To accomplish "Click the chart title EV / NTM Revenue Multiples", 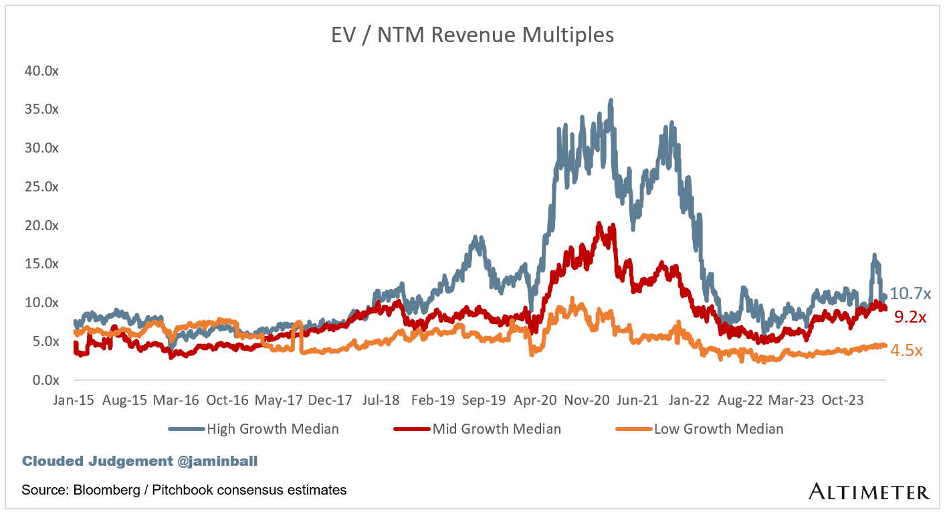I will pyautogui.click(x=472, y=35).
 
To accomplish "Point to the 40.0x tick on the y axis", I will pyautogui.click(x=41, y=71).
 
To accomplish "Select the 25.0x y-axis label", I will pyautogui.click(x=41, y=187).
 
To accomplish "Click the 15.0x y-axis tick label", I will pyautogui.click(x=41, y=264).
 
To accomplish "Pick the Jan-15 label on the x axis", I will pyautogui.click(x=74, y=400).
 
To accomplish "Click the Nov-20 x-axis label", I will pyautogui.click(x=587, y=400).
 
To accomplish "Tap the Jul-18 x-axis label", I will pyautogui.click(x=381, y=400).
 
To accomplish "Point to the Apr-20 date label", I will pyautogui.click(x=535, y=400).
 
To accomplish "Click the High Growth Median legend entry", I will pyautogui.click(x=273, y=429).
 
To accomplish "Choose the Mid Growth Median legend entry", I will pyautogui.click(x=496, y=429).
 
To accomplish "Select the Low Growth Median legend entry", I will pyautogui.click(x=718, y=429).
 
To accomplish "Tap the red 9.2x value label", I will pyautogui.click(x=910, y=318).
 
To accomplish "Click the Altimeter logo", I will pyautogui.click(x=869, y=492).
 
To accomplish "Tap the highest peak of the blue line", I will pyautogui.click(x=611, y=100).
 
